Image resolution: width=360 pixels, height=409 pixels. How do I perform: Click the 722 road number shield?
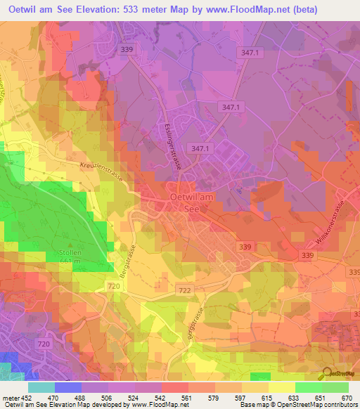[x=185, y=291]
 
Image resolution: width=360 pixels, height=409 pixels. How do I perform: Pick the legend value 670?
[x=346, y=397]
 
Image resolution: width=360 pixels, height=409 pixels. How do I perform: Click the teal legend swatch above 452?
[x=41, y=387]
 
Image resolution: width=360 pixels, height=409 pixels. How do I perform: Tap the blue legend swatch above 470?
[x=68, y=387]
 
